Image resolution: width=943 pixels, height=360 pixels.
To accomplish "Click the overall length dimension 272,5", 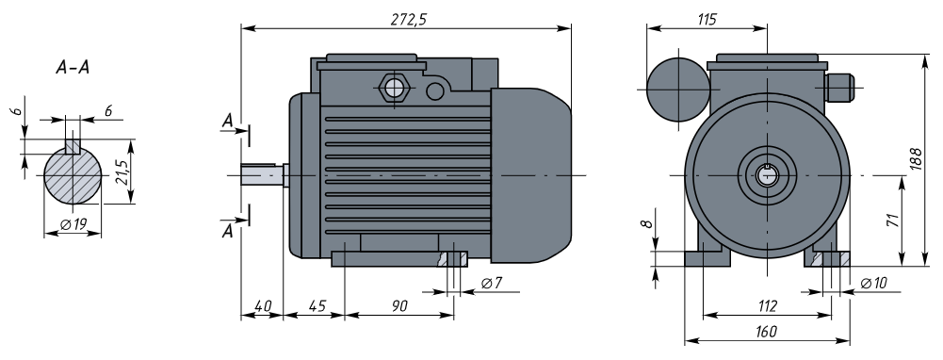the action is pyautogui.click(x=408, y=19).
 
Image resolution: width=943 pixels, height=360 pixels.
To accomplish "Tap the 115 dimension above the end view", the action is pyautogui.click(x=707, y=19).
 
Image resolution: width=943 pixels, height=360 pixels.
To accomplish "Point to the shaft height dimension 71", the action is pyautogui.click(x=892, y=221).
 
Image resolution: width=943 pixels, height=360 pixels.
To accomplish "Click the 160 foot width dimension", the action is pyautogui.click(x=764, y=331).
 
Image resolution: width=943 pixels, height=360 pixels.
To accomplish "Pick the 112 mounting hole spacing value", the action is pyautogui.click(x=768, y=306).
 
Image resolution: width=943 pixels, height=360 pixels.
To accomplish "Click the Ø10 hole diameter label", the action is pyautogui.click(x=873, y=283).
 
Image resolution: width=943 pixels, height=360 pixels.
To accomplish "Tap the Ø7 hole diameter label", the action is pyautogui.click(x=492, y=283).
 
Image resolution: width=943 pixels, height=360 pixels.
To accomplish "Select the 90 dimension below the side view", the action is pyautogui.click(x=399, y=306).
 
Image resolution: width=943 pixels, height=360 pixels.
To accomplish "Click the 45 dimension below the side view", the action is pyautogui.click(x=317, y=306).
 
